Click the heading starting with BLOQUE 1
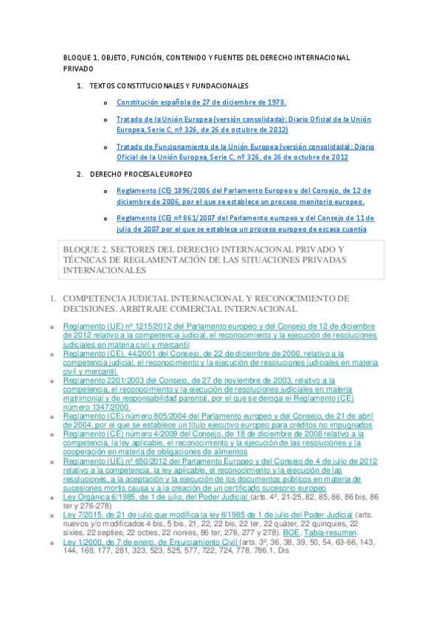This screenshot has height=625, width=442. click(207, 57)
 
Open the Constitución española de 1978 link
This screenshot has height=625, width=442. click(201, 102)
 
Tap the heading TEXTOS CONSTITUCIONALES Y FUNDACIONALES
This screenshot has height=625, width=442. click(168, 85)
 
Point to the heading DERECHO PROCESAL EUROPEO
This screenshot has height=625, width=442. click(140, 174)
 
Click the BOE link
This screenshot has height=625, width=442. click(290, 533)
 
